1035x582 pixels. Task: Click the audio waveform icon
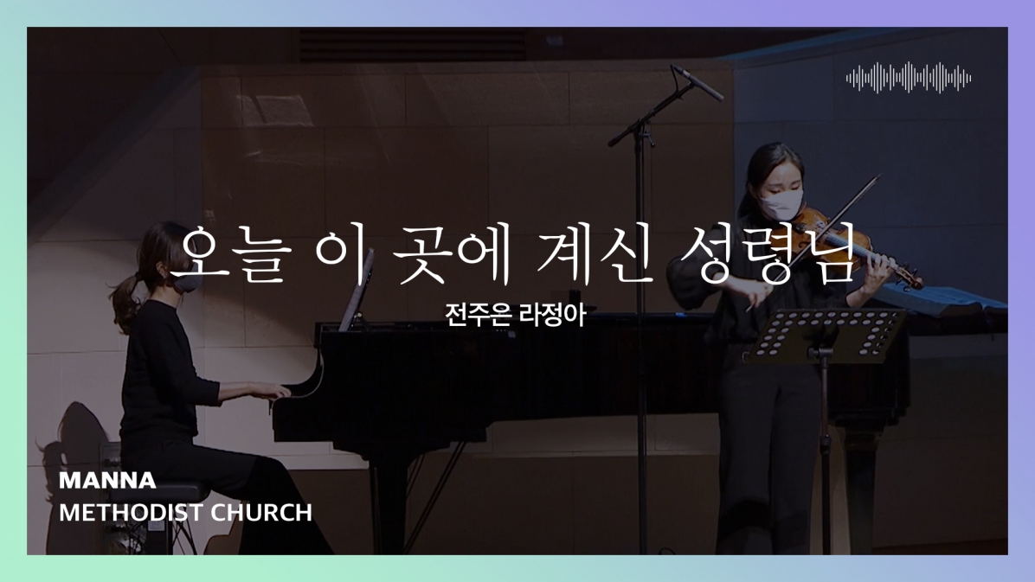(909, 78)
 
